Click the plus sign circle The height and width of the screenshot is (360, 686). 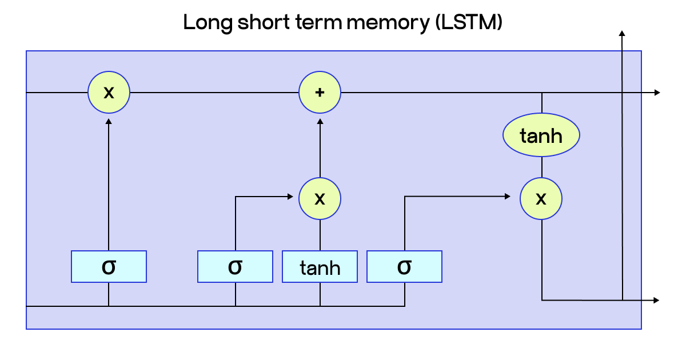320,92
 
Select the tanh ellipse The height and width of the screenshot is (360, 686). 541,136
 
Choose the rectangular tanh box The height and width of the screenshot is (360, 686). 320,267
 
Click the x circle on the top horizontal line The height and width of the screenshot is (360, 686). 109,92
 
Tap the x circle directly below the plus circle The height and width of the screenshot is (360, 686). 320,198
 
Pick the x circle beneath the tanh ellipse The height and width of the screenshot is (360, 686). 541,198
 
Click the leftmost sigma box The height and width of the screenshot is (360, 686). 109,266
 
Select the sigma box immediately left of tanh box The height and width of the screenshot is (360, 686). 235,266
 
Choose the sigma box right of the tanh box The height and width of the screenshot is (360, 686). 404,266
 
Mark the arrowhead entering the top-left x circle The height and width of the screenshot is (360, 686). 109,121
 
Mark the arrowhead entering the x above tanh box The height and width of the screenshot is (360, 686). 289,197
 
